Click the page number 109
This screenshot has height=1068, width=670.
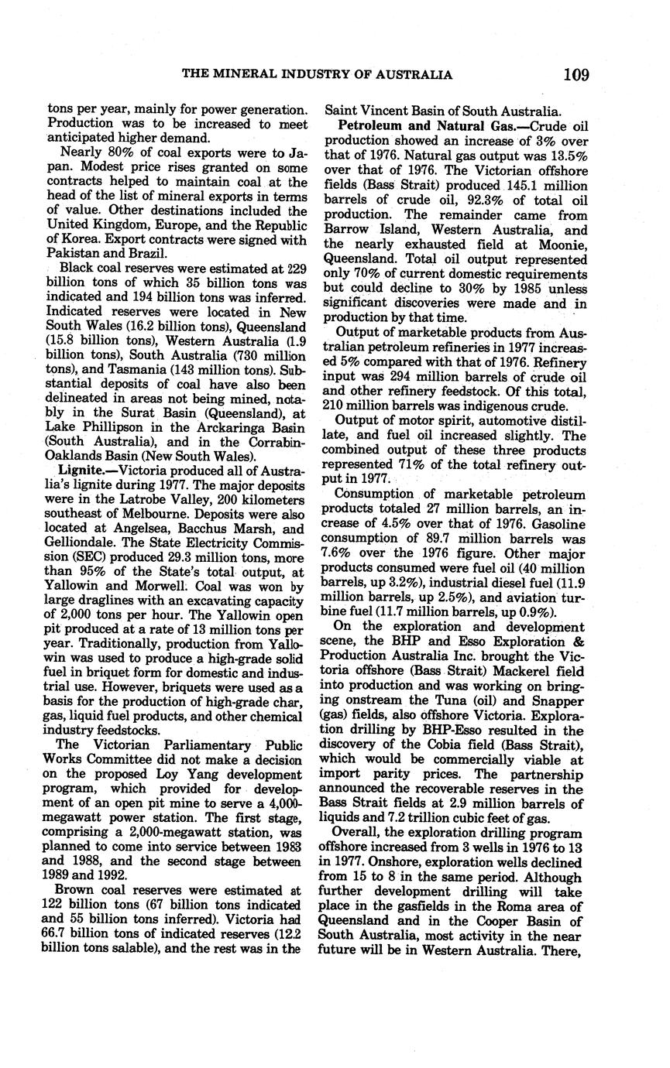click(x=576, y=74)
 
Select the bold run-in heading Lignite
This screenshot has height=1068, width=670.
click(x=84, y=470)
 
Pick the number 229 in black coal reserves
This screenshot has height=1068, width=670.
click(x=287, y=268)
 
